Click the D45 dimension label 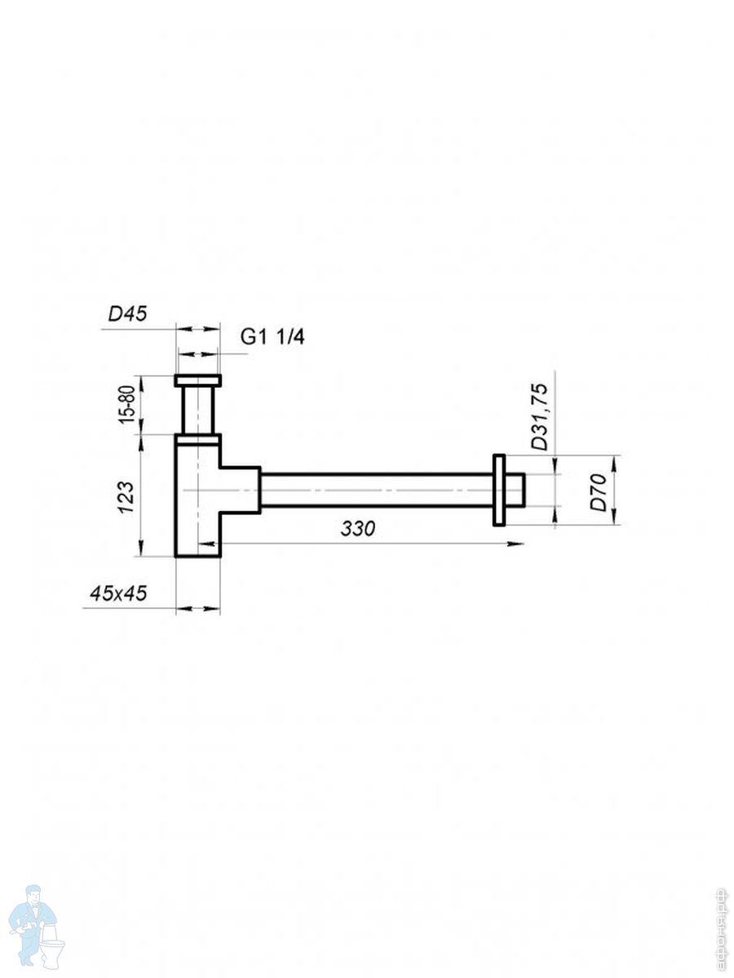point(127,315)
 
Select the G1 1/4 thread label point(272,337)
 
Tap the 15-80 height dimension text point(127,404)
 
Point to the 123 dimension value point(126,497)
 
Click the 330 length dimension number point(358,529)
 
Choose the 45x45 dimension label point(118,593)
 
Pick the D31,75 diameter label point(539,417)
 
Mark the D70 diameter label point(598,493)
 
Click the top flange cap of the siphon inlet point(198,381)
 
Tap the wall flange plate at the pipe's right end point(499,490)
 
